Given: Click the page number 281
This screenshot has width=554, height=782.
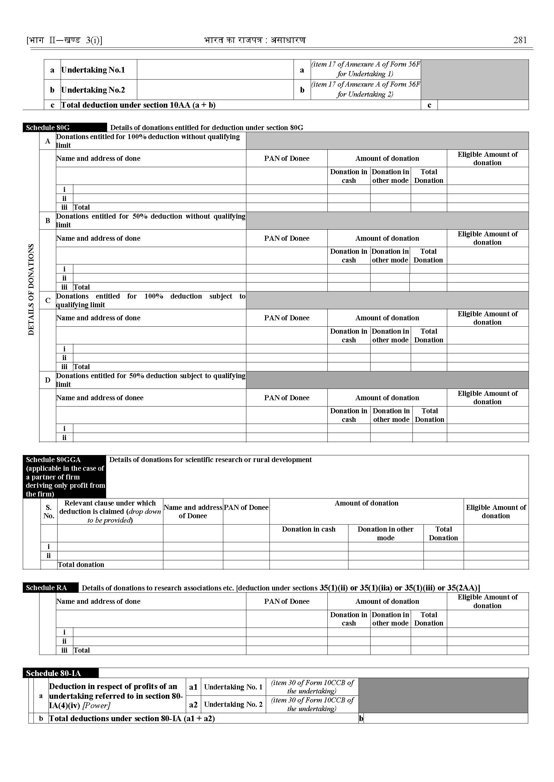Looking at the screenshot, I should [x=520, y=40].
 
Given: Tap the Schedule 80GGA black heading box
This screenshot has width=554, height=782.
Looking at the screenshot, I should [x=65, y=476].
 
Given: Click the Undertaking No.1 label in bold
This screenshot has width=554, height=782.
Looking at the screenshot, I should [x=93, y=70].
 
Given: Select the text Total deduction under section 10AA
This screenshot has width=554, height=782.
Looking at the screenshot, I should [x=138, y=105].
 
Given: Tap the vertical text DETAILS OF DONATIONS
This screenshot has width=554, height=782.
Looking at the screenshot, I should [x=31, y=290].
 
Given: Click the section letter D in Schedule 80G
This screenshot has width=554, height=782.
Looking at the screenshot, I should [x=48, y=380].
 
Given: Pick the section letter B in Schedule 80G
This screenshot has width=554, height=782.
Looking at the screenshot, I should [x=48, y=220].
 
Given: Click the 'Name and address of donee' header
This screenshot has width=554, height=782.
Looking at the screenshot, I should [x=100, y=398].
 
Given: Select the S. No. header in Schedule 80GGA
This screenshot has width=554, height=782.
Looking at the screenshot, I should [x=49, y=512].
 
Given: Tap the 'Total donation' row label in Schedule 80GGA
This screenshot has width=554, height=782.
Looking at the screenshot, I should [x=81, y=565].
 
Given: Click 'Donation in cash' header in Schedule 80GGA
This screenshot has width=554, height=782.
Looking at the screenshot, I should [x=308, y=529].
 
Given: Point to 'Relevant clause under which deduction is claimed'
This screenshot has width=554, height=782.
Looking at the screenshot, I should [x=110, y=512].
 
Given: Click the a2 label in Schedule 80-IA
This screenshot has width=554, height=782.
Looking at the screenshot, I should [x=193, y=704].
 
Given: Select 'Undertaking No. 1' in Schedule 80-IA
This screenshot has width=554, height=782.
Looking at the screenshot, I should [x=233, y=687].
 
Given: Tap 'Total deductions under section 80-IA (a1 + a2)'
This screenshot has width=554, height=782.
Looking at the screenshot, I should [x=132, y=718].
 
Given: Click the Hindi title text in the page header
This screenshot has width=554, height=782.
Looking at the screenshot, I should [x=255, y=40].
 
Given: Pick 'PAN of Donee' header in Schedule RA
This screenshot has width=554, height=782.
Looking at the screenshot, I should [x=287, y=601].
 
